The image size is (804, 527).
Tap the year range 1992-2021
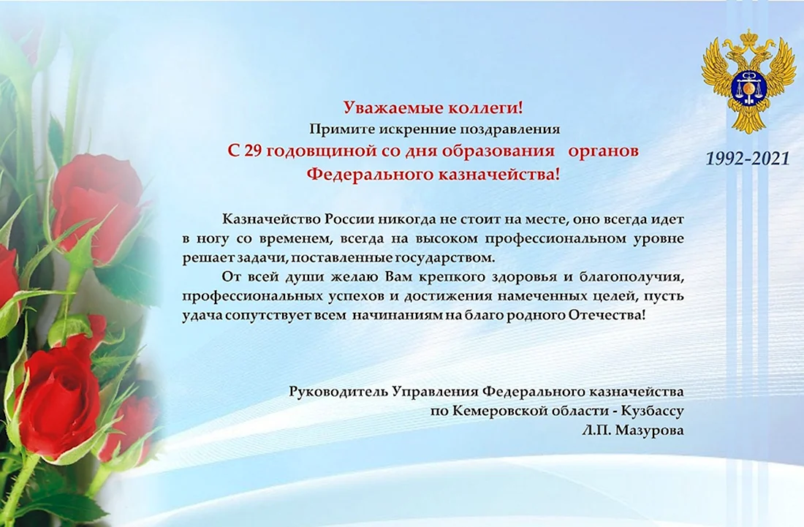tap(748, 159)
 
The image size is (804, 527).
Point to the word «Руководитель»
tap(338, 393)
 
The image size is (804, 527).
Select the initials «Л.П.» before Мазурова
tap(596, 430)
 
